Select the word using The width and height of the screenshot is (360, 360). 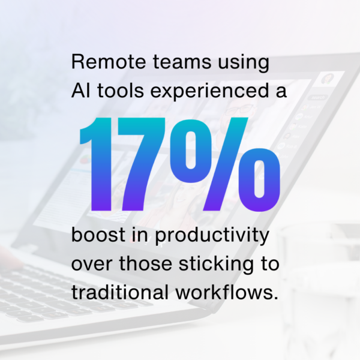pyautogui.click(x=244, y=63)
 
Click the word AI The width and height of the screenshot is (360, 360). pyautogui.click(x=80, y=91)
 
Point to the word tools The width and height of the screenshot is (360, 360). pyautogui.click(x=121, y=91)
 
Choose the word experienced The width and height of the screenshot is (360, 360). pyautogui.click(x=209, y=92)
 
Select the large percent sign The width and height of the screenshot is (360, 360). pyautogui.click(x=225, y=164)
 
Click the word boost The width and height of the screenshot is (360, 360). pyautogui.click(x=98, y=234)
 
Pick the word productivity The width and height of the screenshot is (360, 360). pyautogui.click(x=212, y=236)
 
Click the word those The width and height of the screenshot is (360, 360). pyautogui.click(x=146, y=263)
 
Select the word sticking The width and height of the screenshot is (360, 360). pyautogui.click(x=217, y=265)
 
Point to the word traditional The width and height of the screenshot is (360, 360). pyautogui.click(x=120, y=292)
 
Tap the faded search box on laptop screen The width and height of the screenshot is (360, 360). pyautogui.click(x=318, y=98)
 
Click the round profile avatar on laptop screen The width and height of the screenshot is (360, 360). pyautogui.click(x=328, y=79)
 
